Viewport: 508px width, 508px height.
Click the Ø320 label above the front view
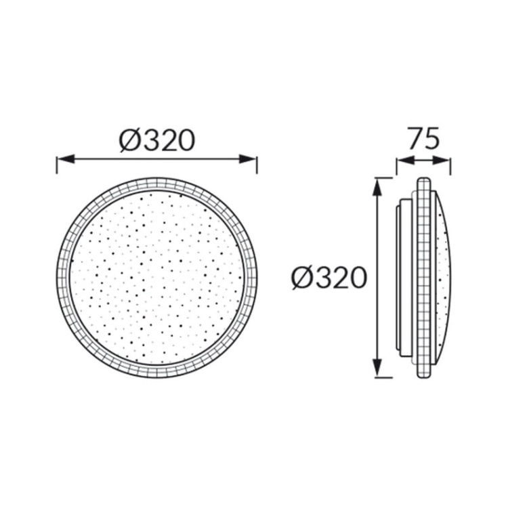coord(156,140)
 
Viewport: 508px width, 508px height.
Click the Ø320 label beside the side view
coord(329,278)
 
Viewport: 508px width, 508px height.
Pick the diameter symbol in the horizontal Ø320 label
coord(129,140)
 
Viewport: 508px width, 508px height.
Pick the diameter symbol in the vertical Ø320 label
coord(301,278)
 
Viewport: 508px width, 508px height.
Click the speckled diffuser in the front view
coord(156,278)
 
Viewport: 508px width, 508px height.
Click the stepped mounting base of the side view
coord(404,278)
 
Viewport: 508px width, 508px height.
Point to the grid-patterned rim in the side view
coord(423,278)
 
